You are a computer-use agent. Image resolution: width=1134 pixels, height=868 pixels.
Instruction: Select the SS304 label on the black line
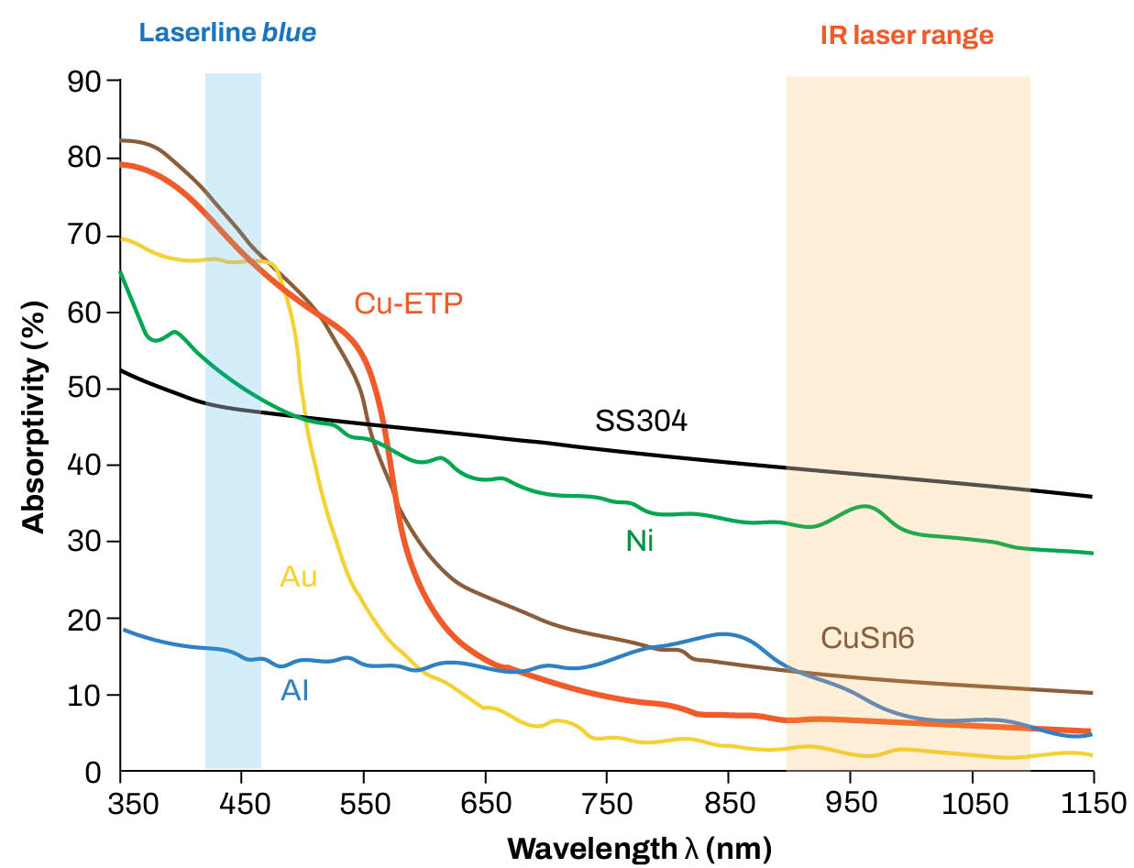(x=641, y=422)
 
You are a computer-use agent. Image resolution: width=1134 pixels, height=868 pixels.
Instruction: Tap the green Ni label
(x=640, y=542)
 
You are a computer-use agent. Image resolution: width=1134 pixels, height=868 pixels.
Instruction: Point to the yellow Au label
(x=298, y=577)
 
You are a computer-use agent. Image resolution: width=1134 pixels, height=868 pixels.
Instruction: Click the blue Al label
(x=294, y=690)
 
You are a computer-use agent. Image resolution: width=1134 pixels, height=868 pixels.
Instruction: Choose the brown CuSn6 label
(x=866, y=638)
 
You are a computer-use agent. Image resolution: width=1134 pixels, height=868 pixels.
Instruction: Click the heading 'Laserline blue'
(x=227, y=34)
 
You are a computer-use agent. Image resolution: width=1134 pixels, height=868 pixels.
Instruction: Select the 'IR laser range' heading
(x=906, y=36)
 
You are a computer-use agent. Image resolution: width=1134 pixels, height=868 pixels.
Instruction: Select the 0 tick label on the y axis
(x=94, y=772)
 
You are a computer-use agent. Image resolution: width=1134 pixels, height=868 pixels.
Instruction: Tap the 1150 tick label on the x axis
(x=1091, y=805)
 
